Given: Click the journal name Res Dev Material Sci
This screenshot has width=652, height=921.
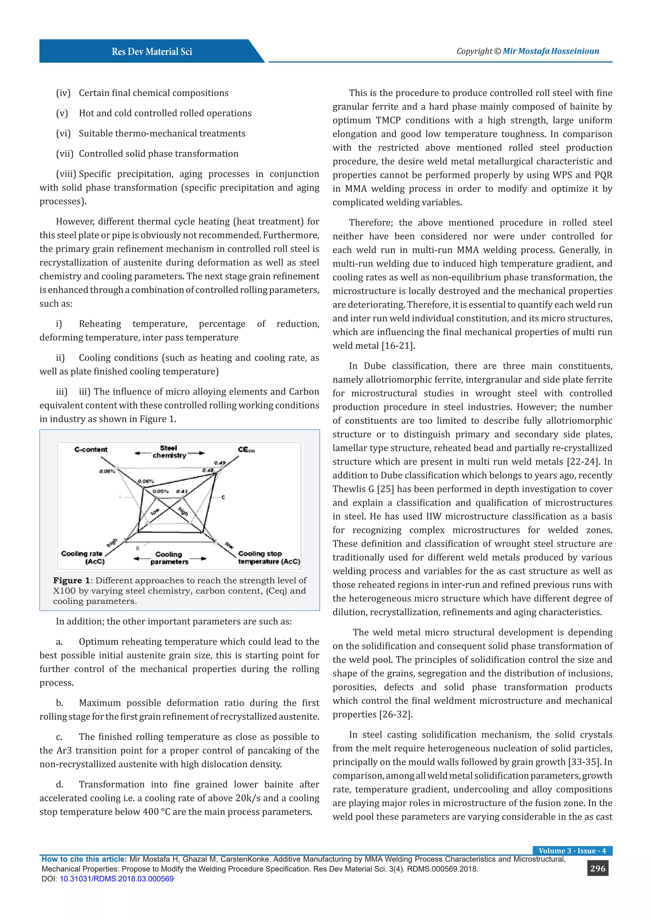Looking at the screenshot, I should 152,51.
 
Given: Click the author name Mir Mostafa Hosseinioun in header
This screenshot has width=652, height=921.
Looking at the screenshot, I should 551,51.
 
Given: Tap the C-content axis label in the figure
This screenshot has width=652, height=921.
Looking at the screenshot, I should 91,449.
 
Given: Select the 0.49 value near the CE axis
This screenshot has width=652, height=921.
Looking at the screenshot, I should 220,462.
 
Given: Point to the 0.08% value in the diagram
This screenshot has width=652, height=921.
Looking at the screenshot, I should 107,471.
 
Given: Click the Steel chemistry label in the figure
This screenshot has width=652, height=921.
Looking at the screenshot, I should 169,452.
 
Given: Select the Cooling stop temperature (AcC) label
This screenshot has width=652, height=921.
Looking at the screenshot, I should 269,557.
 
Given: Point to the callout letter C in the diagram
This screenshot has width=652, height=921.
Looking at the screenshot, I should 223,497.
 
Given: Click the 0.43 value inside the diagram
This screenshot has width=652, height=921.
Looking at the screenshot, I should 181,491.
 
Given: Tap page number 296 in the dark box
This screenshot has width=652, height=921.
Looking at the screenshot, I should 597,869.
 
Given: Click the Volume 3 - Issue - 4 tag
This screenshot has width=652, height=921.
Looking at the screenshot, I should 572,850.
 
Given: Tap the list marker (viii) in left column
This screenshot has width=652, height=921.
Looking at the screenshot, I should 66,174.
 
